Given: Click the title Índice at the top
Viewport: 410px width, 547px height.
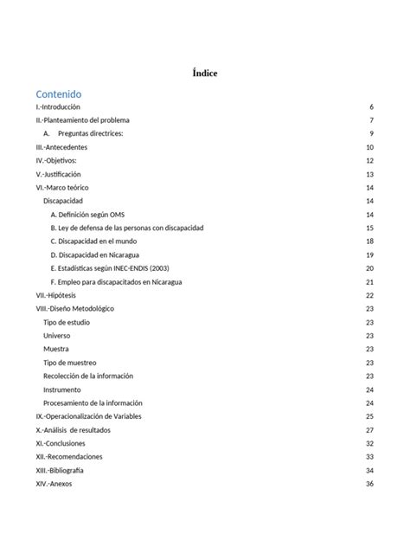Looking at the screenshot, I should (x=205, y=74).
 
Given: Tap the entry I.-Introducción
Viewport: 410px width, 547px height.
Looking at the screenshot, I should (x=57, y=106).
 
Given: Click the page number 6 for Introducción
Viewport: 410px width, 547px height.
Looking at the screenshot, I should (x=370, y=106).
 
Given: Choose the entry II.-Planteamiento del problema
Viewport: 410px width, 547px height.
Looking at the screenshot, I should (x=82, y=120).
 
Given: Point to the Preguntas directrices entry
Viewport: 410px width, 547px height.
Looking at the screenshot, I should (x=91, y=133).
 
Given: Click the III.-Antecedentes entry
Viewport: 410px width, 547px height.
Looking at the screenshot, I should (x=61, y=147).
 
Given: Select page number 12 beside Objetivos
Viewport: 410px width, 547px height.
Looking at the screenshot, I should (x=369, y=161).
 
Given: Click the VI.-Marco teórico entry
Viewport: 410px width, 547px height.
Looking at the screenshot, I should (x=63, y=188).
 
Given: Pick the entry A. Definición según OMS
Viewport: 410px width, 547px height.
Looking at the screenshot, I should (x=87, y=215).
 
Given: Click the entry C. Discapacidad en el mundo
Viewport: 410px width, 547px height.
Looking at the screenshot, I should (x=94, y=241).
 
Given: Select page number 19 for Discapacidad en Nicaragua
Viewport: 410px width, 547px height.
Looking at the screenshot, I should (x=369, y=255).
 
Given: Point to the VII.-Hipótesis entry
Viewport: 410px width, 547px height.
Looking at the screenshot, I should (x=59, y=295).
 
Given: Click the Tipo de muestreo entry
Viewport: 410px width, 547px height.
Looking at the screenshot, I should (x=69, y=363).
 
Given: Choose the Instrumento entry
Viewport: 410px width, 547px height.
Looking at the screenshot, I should (x=62, y=389).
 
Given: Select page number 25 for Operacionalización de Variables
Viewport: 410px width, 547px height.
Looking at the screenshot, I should (x=369, y=416).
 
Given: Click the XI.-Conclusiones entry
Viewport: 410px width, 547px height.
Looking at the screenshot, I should (x=61, y=443).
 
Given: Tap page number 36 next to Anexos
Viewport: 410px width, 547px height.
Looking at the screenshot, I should (x=369, y=484).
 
